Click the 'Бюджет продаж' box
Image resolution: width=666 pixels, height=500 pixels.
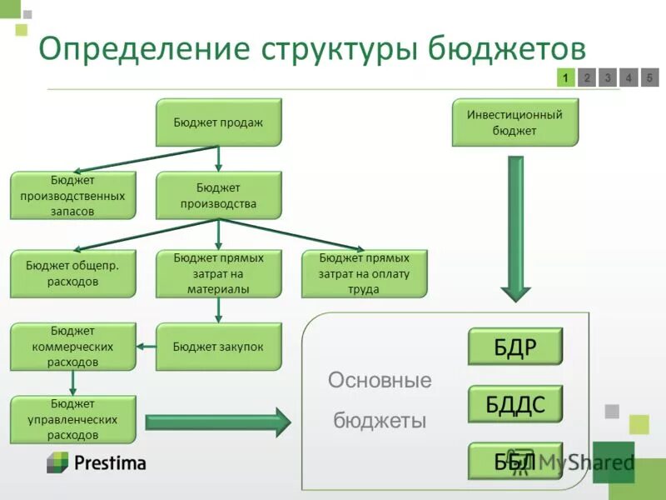[219, 122]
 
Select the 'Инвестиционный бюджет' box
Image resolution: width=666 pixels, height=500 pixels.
[514, 122]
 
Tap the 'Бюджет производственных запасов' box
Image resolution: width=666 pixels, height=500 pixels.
[72, 196]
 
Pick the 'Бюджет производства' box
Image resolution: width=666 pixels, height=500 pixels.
[219, 196]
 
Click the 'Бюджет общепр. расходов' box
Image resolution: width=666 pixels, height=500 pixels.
[72, 273]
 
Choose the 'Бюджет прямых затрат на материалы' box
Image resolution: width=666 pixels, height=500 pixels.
[219, 273]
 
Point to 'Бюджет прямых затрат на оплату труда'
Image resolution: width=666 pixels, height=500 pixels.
[364, 273]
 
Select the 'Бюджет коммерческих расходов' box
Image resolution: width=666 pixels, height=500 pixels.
[72, 347]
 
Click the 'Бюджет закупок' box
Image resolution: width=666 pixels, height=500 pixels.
[219, 347]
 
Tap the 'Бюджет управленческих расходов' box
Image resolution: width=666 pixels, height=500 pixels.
[72, 419]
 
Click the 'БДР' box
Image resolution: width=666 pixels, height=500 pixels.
[515, 347]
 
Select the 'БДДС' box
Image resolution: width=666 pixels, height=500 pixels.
[515, 404]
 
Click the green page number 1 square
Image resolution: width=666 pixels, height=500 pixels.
[565, 78]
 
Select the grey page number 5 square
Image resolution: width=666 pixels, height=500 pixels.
[650, 78]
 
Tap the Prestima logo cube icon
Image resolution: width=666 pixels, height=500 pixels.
[57, 462]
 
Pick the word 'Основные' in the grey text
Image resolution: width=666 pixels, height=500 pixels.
[380, 382]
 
